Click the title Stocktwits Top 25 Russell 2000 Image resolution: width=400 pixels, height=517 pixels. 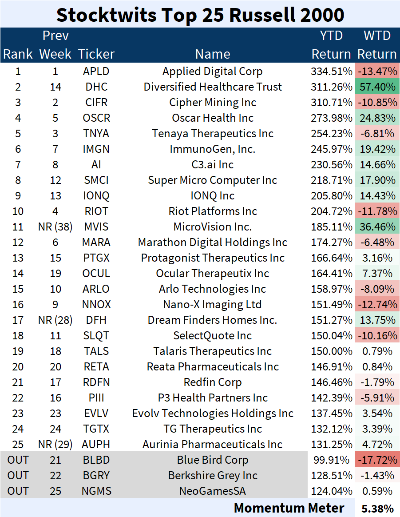[x=200, y=15]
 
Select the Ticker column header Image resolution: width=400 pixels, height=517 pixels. [x=96, y=54]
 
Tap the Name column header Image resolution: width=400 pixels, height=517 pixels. [x=213, y=54]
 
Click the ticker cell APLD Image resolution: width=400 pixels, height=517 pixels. [x=96, y=72]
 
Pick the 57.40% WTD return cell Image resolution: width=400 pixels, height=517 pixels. [x=377, y=87]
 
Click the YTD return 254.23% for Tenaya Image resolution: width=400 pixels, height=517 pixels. [x=331, y=134]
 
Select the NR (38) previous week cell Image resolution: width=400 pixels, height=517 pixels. [x=55, y=227]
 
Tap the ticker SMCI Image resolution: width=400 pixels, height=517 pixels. [x=96, y=180]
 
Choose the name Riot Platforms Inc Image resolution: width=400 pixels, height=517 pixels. [x=213, y=211]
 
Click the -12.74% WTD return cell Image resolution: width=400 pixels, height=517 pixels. [x=377, y=305]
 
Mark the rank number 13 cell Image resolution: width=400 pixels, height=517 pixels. [x=18, y=258]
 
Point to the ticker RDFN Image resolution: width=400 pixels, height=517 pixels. [x=96, y=382]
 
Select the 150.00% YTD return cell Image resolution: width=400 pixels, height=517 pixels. [x=331, y=351]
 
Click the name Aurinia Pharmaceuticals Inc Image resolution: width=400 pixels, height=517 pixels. [x=213, y=445]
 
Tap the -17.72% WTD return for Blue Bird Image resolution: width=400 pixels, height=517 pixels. [x=377, y=460]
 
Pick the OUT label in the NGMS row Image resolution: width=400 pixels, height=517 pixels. [x=18, y=491]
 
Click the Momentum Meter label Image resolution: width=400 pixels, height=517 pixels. [x=289, y=508]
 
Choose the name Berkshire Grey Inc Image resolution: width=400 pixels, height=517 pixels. [x=213, y=476]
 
